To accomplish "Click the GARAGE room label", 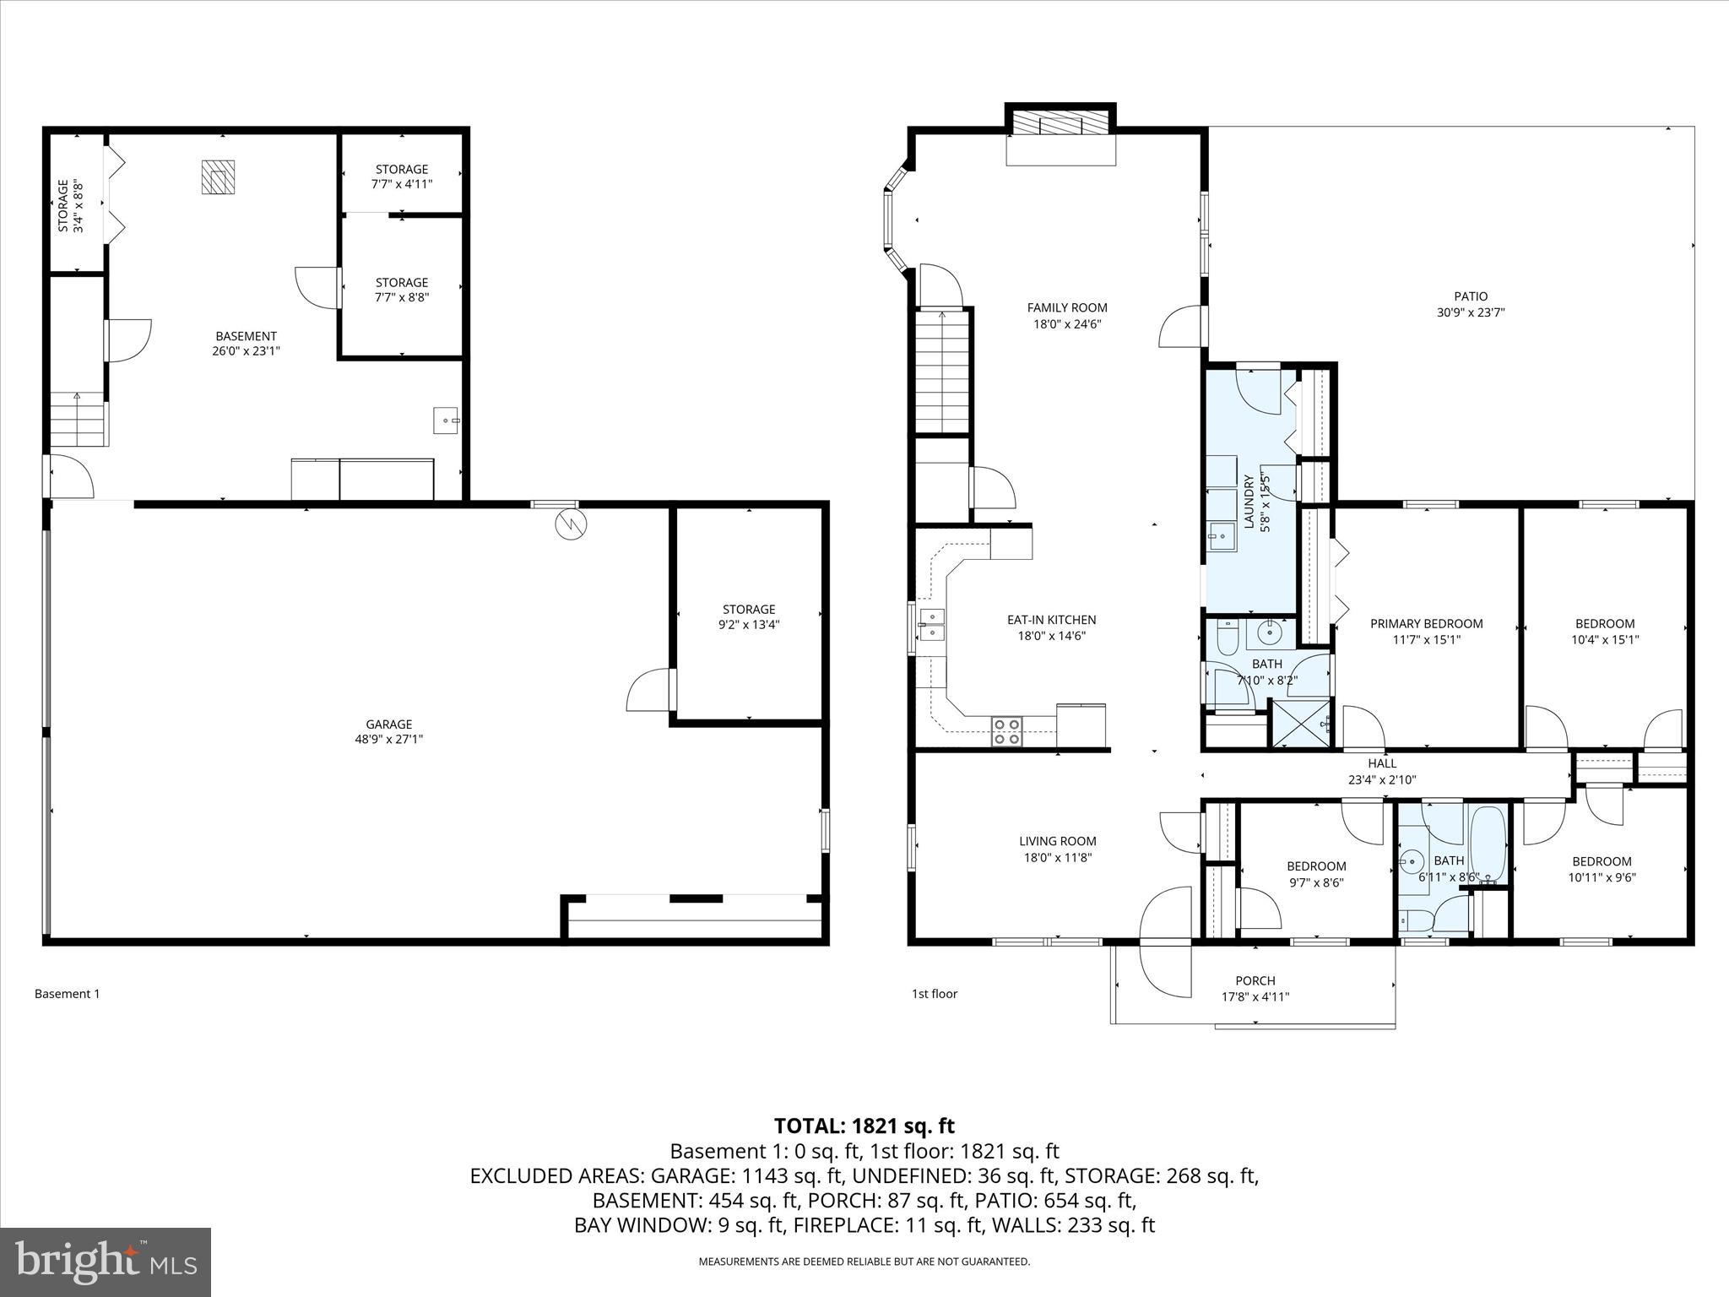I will (388, 724).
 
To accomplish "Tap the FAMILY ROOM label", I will (1067, 308).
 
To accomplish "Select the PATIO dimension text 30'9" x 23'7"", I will (1471, 312).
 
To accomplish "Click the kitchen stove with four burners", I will (1006, 730).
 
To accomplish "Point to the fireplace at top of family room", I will (1060, 125).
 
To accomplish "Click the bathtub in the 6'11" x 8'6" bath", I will (1488, 844).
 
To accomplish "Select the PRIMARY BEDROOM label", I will (1426, 624).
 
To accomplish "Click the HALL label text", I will (1382, 763).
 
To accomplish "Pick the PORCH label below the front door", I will (1255, 980).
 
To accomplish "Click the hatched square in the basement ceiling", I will (218, 177).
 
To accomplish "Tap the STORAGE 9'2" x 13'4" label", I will (749, 617).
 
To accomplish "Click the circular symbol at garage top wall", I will (569, 524).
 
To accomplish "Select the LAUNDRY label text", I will (1249, 502).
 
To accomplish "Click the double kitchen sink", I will (932, 624).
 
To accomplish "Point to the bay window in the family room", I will (895, 218).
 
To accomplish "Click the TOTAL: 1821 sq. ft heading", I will (864, 1126).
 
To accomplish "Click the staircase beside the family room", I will (941, 372).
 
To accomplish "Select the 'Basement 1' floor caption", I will (67, 994).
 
